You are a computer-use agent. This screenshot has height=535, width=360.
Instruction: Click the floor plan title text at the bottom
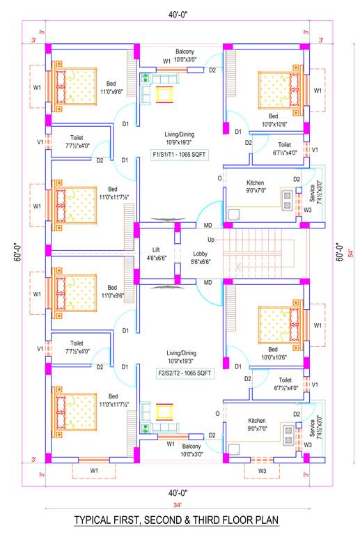[x=176, y=520]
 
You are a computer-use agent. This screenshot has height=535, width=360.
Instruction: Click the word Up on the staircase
[x=211, y=239]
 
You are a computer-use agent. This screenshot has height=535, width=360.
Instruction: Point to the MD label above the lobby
[x=208, y=226]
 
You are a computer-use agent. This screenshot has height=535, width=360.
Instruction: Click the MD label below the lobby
[x=208, y=282]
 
